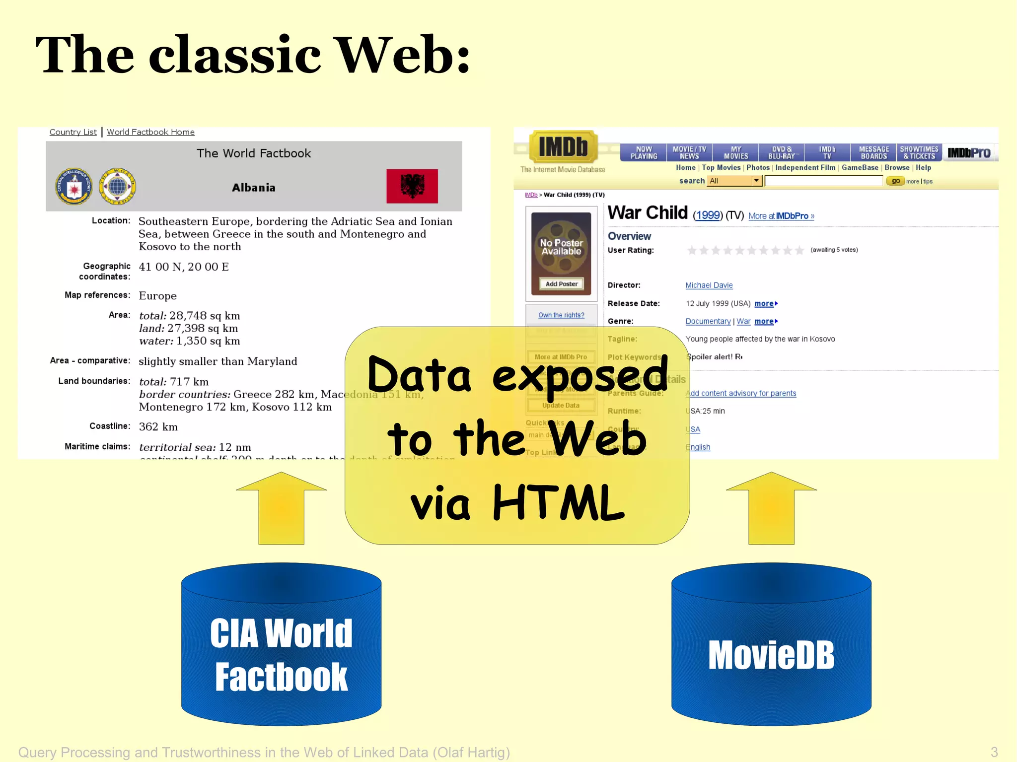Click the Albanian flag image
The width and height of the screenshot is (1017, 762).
coord(412,186)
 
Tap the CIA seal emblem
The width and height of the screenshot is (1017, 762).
coord(73,187)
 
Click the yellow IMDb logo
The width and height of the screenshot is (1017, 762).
coord(563,146)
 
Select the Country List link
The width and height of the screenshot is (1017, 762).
coord(73,132)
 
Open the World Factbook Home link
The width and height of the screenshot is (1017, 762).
coord(150,132)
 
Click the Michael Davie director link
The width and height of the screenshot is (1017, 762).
coord(709,285)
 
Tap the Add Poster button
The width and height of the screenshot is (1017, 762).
coord(561,284)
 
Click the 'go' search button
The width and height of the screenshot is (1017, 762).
coord(895,181)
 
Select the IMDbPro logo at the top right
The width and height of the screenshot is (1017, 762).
coord(968,153)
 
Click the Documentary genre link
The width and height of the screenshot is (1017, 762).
coord(708,322)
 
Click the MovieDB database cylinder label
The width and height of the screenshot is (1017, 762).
coord(771,655)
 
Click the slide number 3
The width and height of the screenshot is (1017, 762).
coord(994,752)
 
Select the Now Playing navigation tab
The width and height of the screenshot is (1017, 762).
coord(644,152)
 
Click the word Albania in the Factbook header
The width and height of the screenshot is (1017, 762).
coord(253,188)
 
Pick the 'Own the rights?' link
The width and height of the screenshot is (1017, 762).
coord(561,315)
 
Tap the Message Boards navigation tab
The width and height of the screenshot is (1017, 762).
coord(873,152)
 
